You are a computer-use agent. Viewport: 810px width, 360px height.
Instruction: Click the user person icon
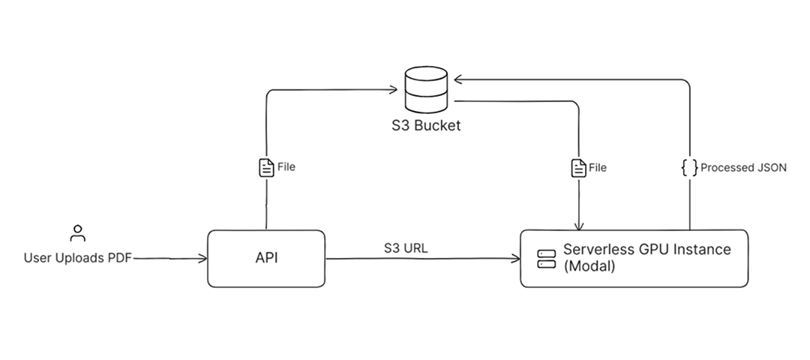77,233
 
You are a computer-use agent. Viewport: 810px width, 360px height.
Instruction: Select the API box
266,259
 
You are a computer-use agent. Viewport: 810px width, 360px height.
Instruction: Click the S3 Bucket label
427,125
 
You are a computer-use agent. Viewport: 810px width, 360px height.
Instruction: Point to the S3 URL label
406,248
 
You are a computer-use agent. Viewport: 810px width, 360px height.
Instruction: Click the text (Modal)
589,267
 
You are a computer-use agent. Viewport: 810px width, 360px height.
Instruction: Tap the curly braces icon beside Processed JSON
688,168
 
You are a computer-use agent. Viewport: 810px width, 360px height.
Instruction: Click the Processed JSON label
743,168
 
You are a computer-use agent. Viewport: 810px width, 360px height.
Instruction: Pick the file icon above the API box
265,167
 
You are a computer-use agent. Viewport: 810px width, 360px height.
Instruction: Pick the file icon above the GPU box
577,168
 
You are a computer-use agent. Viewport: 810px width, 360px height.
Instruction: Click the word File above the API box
286,167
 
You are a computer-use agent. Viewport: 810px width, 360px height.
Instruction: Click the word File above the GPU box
598,168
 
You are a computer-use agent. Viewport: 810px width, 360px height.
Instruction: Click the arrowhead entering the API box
203,259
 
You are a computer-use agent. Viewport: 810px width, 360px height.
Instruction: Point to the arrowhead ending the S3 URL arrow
517,259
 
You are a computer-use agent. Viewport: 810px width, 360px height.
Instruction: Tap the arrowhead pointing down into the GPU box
577,226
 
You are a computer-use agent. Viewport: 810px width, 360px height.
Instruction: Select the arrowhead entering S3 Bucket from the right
459,78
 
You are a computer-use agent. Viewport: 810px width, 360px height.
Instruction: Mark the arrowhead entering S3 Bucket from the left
392,91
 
